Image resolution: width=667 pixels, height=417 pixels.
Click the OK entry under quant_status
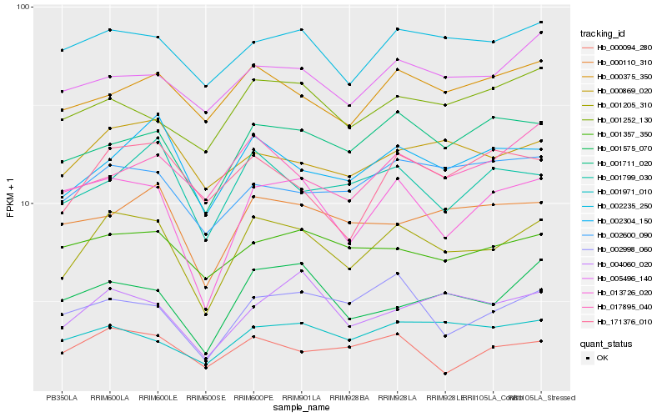click(x=601, y=357)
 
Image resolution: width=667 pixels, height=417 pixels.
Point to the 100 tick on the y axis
click(x=23, y=7)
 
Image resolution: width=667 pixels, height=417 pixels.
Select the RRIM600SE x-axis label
click(x=204, y=398)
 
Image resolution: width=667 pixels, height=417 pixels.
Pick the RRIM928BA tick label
click(x=349, y=398)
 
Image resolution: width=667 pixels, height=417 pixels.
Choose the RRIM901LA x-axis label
click(x=301, y=398)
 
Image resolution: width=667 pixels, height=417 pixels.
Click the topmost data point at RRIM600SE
click(x=205, y=86)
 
